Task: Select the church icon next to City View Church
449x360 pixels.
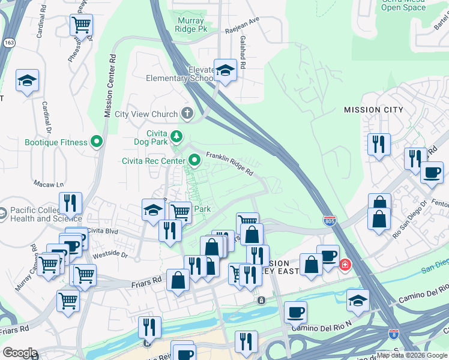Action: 187,113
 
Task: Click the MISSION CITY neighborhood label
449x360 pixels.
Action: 371,110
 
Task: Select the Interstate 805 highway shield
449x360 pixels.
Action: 330,221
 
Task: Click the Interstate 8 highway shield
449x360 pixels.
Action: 394,334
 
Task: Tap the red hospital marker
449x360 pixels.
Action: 345,264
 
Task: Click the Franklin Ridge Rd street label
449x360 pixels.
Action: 229,163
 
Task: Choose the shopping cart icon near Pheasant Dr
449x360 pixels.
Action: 80,25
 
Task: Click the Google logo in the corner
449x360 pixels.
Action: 20,352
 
